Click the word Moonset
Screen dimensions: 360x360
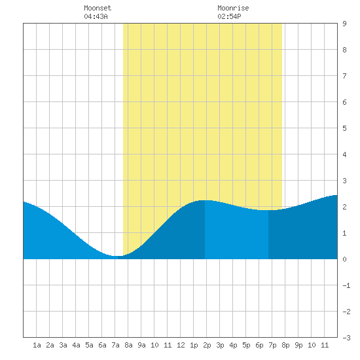pyautogui.click(x=98, y=8)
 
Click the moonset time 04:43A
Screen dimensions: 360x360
pyautogui.click(x=96, y=16)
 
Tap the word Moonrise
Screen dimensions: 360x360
pyautogui.click(x=233, y=8)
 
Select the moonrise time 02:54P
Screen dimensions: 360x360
pyautogui.click(x=229, y=16)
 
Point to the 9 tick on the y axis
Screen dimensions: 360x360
pyautogui.click(x=344, y=24)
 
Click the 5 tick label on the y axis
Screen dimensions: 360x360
pyautogui.click(x=344, y=128)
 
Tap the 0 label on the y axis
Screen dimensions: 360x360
pyautogui.click(x=344, y=259)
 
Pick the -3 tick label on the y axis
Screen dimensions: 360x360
pyautogui.click(x=346, y=338)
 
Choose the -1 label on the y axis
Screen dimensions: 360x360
pyautogui.click(x=346, y=285)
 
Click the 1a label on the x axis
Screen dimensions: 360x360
pyautogui.click(x=37, y=345)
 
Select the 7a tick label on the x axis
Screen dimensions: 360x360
pyautogui.click(x=115, y=345)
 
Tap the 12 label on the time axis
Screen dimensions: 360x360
pyautogui.click(x=181, y=345)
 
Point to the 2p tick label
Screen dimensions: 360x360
pyautogui.click(x=207, y=345)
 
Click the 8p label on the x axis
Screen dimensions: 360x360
pyautogui.click(x=285, y=345)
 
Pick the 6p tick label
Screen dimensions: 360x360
pyautogui.click(x=259, y=345)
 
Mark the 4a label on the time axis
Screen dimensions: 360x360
pyautogui.click(x=76, y=345)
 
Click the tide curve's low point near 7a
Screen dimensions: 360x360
pyautogui.click(x=117, y=256)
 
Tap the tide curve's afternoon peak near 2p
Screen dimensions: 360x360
pyautogui.click(x=203, y=200)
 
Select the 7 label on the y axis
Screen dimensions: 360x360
pyautogui.click(x=344, y=76)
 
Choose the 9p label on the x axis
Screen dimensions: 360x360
pyautogui.click(x=298, y=345)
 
